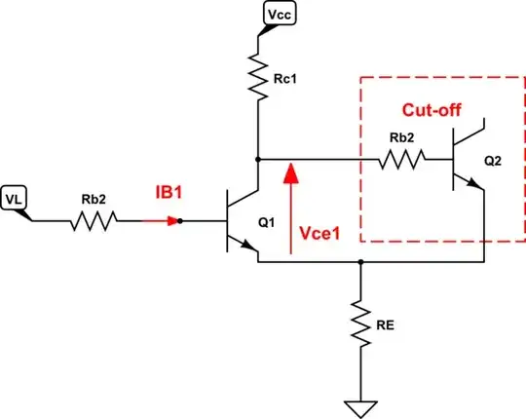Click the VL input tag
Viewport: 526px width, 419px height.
[x=16, y=198]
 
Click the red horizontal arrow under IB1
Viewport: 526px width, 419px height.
[x=162, y=221]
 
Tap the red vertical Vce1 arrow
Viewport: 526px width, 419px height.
[x=290, y=209]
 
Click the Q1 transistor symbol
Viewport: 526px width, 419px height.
[x=239, y=222]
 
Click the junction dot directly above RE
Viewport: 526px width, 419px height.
[x=361, y=261]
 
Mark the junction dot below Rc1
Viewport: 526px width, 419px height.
[x=258, y=157]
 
